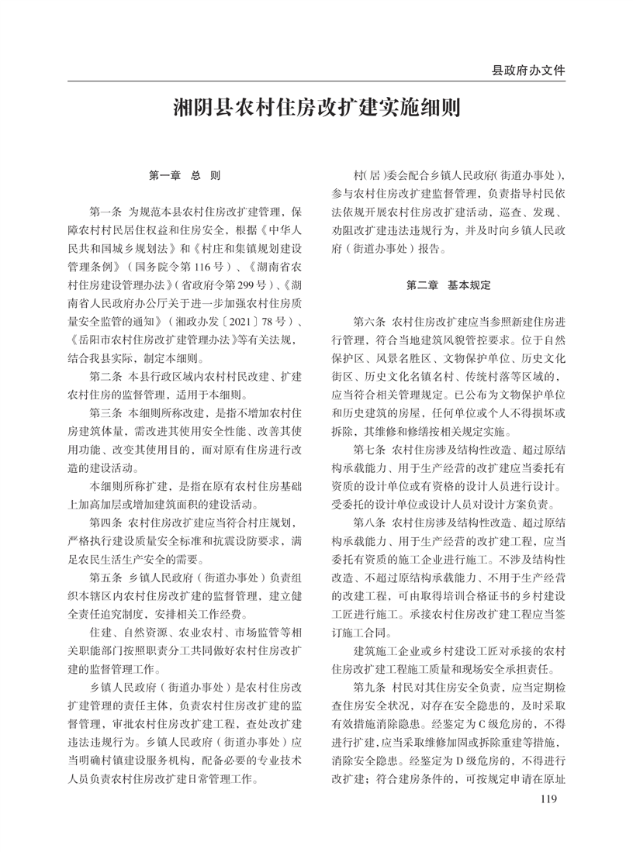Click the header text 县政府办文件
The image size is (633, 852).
tap(527, 71)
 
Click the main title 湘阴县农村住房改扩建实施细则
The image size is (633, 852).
tap(316, 108)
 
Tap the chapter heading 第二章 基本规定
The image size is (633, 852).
tap(449, 285)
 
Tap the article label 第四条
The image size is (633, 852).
tap(107, 524)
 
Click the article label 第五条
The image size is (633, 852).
tap(107, 579)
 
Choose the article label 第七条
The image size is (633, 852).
tap(370, 449)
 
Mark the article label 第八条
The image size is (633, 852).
tap(370, 523)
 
